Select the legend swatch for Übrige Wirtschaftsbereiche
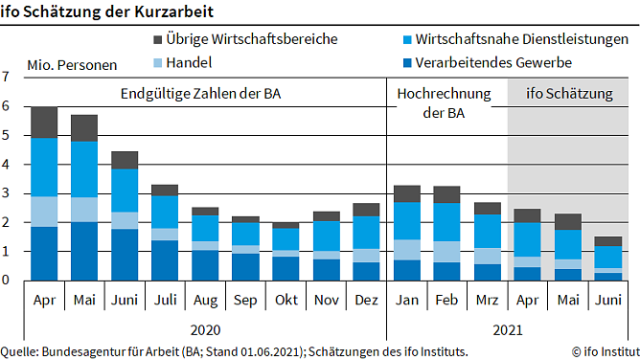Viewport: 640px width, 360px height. (x=159, y=39)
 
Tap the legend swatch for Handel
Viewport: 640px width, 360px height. (x=159, y=63)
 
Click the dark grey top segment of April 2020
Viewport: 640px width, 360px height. (x=44, y=123)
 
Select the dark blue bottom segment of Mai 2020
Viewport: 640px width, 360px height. (x=84, y=252)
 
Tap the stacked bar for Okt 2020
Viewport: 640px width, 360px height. (x=286, y=252)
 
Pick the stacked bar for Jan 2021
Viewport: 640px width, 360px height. (x=407, y=234)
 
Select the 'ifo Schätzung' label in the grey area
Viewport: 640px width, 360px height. (x=569, y=94)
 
